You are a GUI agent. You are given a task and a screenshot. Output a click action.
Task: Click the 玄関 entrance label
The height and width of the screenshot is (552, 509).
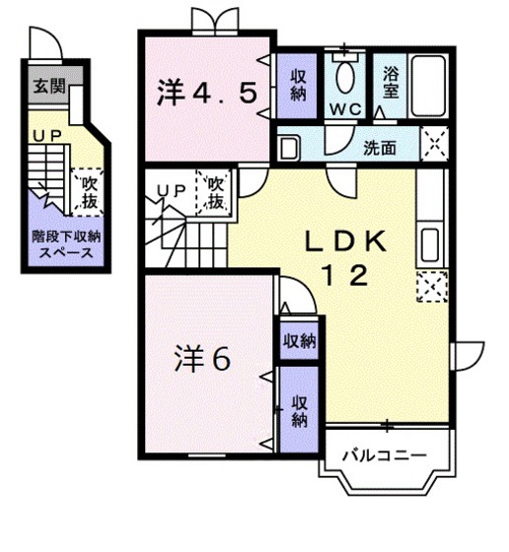pyautogui.click(x=46, y=85)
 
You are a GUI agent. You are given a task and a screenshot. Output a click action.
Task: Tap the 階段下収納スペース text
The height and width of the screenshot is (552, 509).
pyautogui.click(x=65, y=245)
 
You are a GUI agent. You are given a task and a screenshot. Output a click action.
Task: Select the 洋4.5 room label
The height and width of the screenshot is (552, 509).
pyautogui.click(x=207, y=93)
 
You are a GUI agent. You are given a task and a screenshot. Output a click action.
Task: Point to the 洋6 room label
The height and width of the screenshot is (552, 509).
pyautogui.click(x=203, y=359)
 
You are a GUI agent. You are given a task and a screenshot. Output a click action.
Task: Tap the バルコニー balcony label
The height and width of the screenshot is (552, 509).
pyautogui.click(x=385, y=456)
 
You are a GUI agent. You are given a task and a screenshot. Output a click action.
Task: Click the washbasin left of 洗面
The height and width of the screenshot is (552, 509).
pyautogui.click(x=290, y=149)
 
